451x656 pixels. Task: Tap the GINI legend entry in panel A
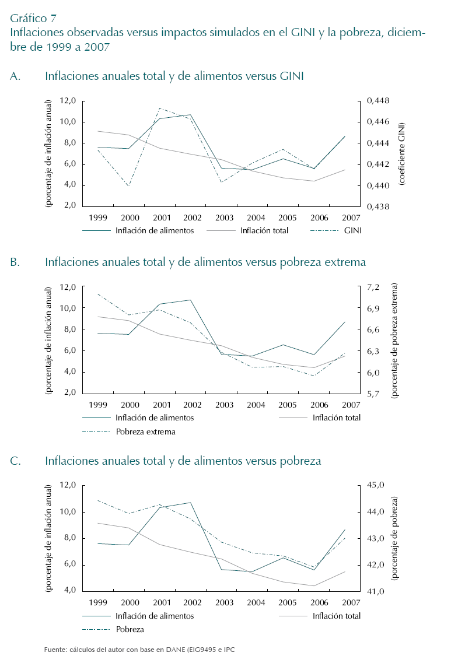point(353,230)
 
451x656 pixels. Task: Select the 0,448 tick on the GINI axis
point(377,101)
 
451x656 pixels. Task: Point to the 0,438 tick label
point(377,206)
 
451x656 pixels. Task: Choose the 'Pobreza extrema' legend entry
point(145,432)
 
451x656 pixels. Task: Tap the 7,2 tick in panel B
point(373,287)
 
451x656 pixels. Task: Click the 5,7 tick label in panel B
point(373,394)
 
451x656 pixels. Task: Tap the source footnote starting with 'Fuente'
point(143,649)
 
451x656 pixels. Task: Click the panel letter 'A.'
point(16,76)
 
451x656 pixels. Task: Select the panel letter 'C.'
point(16,461)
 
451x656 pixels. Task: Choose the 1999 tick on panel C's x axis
point(96,602)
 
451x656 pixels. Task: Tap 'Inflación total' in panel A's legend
point(264,230)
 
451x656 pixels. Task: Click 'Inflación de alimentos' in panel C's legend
point(155,616)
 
